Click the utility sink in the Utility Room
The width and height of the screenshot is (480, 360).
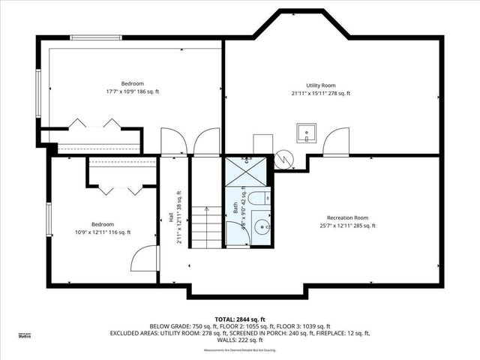coord(307,133)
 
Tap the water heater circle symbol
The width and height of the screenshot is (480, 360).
coord(284,158)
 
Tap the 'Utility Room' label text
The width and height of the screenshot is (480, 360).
coord(321,85)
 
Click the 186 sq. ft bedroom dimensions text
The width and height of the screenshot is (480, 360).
coord(133,91)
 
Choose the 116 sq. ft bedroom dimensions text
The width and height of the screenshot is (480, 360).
coord(103,232)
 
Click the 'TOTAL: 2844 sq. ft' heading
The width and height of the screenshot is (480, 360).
coord(240,319)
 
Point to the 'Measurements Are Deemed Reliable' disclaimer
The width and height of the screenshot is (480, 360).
coord(240,349)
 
